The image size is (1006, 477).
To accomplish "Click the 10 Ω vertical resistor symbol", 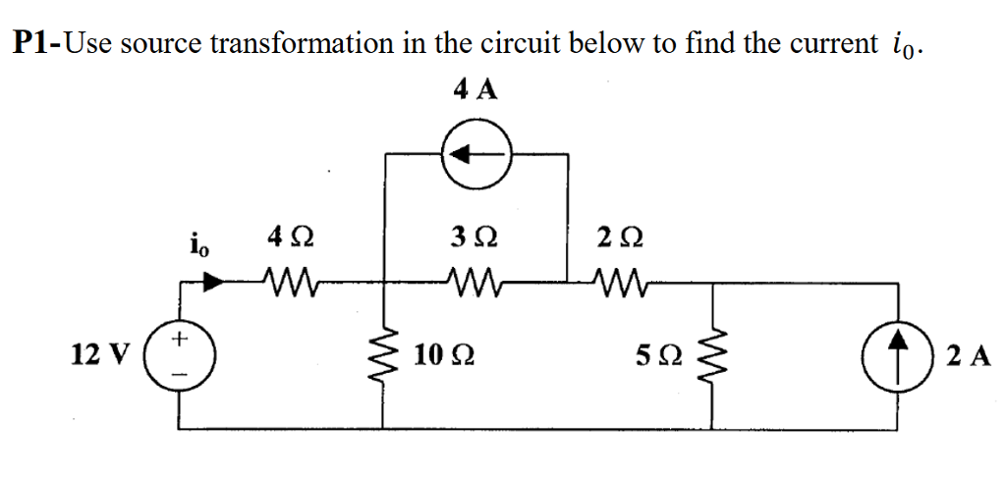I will pyautogui.click(x=383, y=355).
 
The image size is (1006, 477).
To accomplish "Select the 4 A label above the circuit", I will pyautogui.click(x=475, y=90).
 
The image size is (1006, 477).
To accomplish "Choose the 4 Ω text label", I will pyautogui.click(x=292, y=238).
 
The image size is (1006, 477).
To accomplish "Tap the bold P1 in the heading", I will pyautogui.click(x=33, y=43).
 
